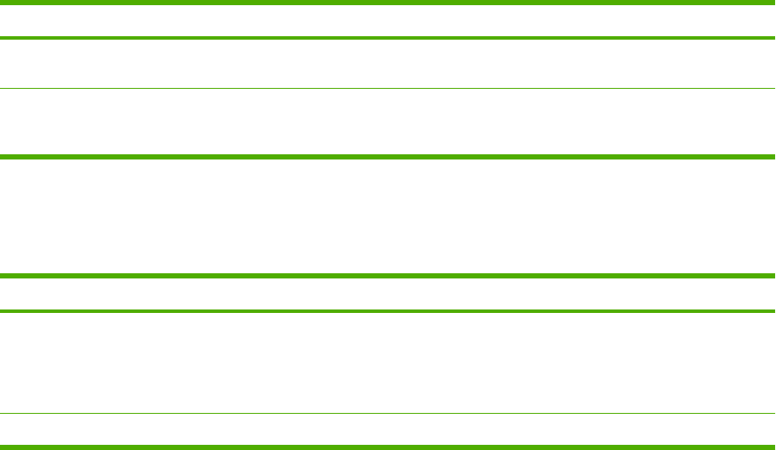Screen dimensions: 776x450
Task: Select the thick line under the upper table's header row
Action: point(388,38)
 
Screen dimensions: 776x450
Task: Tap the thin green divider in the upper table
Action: point(388,88)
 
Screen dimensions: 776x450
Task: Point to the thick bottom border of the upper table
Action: point(388,157)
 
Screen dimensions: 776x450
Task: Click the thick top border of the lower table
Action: point(388,277)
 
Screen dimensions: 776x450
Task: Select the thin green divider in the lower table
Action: point(388,413)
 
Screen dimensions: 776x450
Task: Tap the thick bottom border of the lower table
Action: point(388,446)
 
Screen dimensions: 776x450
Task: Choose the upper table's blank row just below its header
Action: point(388,63)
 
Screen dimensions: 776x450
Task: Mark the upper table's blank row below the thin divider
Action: point(388,122)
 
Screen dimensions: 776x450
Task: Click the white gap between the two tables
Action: point(388,216)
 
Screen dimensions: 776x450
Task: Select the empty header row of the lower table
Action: point(388,293)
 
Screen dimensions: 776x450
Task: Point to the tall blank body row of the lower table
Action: point(388,361)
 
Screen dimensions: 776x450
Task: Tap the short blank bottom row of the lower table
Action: point(388,429)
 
